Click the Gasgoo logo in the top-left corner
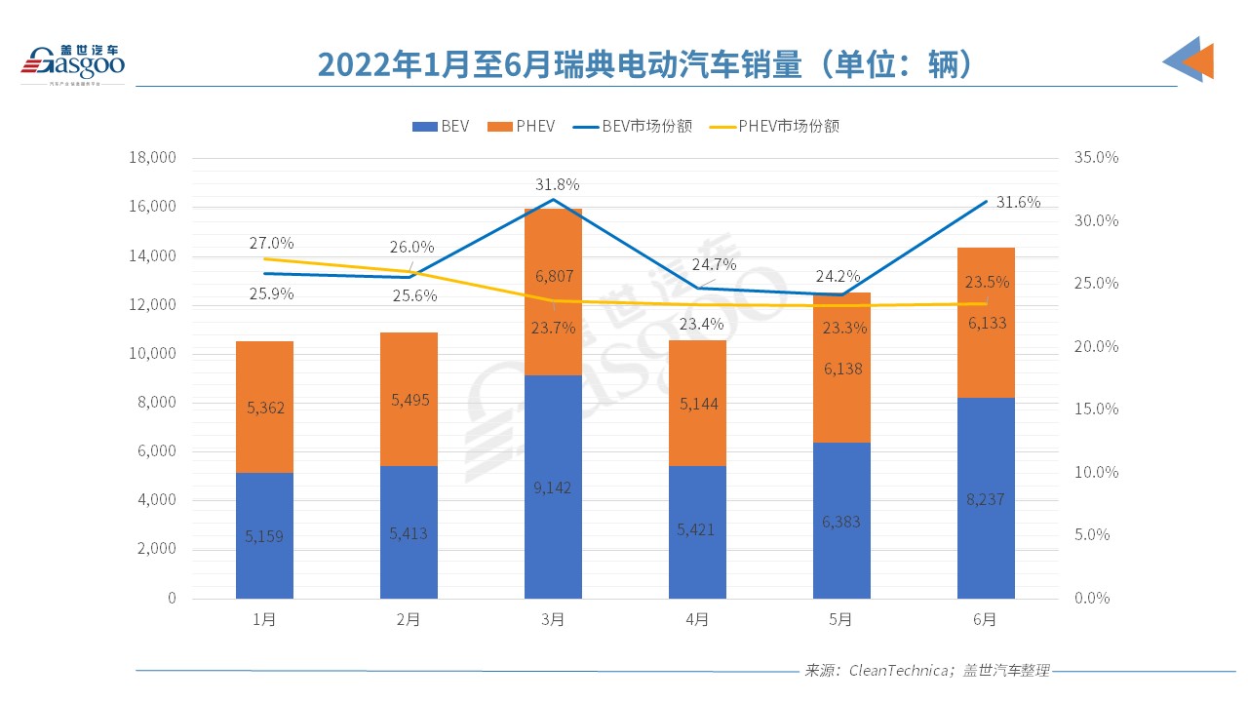[73, 61]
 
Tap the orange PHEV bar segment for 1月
[264, 407]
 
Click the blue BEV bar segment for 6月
[986, 497]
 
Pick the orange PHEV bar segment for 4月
[697, 403]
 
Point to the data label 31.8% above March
[557, 184]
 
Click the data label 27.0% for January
[271, 243]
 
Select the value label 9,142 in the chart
[553, 487]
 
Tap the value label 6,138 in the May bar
[841, 369]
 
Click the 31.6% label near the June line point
[1018, 202]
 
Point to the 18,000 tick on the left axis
[151, 157]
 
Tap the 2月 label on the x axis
[409, 619]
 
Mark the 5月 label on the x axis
[841, 619]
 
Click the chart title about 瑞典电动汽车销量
[644, 64]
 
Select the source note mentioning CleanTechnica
[926, 671]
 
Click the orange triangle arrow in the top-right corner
[1200, 61]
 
